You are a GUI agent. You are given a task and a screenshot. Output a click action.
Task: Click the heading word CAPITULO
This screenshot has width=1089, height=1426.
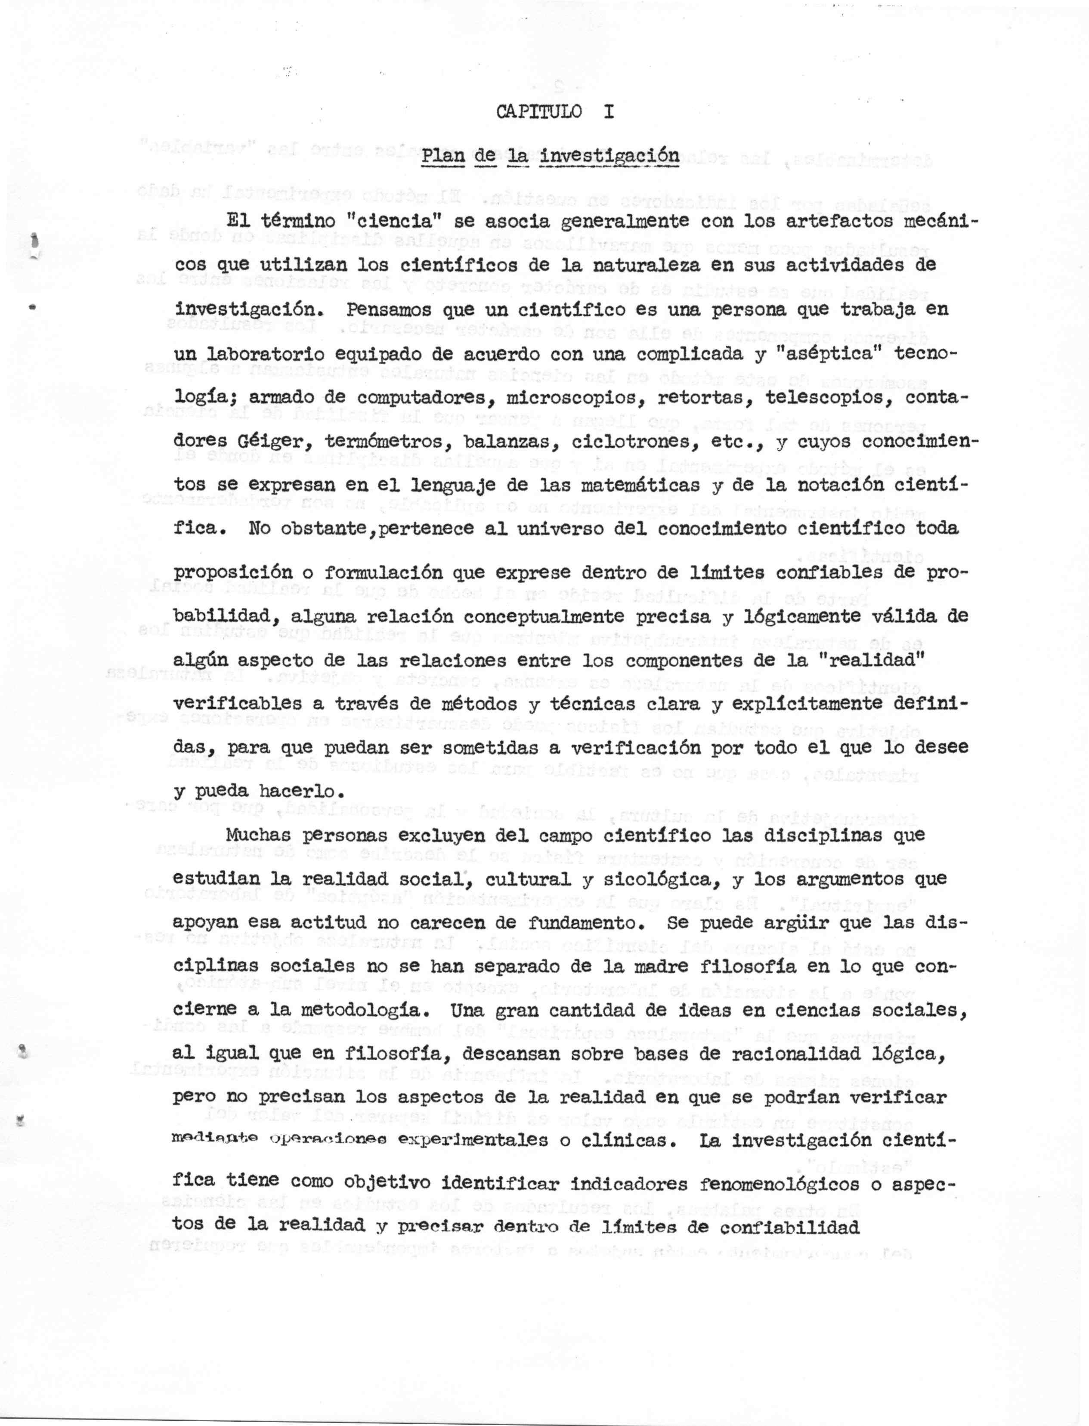tap(538, 111)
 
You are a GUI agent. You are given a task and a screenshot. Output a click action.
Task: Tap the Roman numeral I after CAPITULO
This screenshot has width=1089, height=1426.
tap(608, 111)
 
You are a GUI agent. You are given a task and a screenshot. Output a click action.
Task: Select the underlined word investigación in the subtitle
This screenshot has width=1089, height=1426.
tap(609, 156)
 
